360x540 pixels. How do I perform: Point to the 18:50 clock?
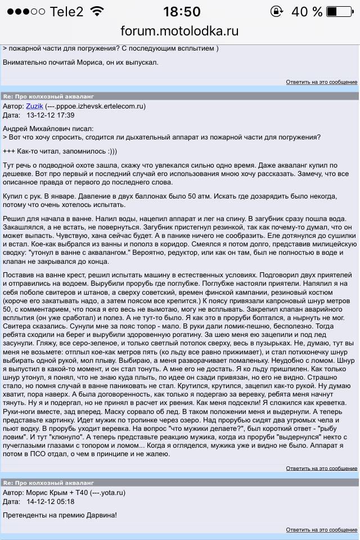pos(181,11)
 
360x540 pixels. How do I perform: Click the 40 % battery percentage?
pos(307,11)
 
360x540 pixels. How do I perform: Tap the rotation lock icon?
pos(277,11)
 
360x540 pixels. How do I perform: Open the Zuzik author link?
pos(35,106)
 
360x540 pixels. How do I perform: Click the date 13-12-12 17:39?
pos(51,115)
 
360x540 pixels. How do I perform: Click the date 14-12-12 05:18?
pos(51,501)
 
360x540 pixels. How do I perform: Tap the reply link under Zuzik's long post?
pos(321,468)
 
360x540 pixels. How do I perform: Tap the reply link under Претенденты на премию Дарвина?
pos(321,530)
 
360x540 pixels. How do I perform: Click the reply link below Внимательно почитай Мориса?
pos(321,82)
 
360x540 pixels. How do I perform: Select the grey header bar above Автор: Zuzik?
pos(180,96)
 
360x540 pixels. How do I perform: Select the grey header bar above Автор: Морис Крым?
pos(180,482)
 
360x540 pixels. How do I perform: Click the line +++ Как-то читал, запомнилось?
pos(67,151)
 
